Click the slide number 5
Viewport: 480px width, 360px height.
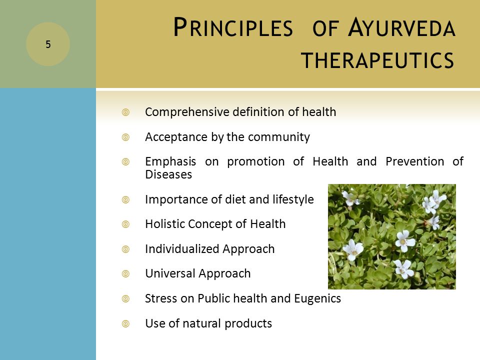tap(48, 44)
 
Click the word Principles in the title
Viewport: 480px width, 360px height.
tap(233, 27)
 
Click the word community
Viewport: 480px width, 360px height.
tap(278, 137)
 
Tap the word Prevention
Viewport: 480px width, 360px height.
tap(415, 161)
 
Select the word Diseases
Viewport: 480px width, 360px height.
tap(168, 174)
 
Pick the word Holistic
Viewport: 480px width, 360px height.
tap(164, 224)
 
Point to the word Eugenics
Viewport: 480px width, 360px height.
tap(317, 298)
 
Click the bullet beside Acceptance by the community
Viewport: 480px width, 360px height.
tap(125, 137)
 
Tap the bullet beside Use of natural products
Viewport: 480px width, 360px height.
tap(125, 323)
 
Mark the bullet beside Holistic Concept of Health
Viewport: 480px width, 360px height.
tap(125, 224)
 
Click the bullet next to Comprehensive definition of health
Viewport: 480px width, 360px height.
tap(125, 112)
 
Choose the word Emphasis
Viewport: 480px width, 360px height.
tap(170, 162)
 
